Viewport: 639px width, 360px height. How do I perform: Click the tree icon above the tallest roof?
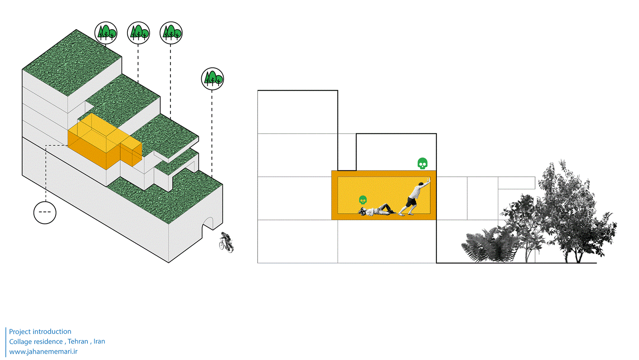pyautogui.click(x=106, y=32)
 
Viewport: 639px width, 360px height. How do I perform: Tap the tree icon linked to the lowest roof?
pyautogui.click(x=212, y=79)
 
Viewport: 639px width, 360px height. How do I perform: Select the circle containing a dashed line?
pyautogui.click(x=45, y=212)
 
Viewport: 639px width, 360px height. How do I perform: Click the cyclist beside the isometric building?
pyautogui.click(x=226, y=242)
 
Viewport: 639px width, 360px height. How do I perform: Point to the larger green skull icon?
pyautogui.click(x=422, y=163)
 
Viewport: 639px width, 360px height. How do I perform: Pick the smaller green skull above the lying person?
pyautogui.click(x=363, y=200)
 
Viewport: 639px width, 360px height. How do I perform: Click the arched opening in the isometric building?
pyautogui.click(x=212, y=225)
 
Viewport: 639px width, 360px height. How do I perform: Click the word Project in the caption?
pyautogui.click(x=20, y=332)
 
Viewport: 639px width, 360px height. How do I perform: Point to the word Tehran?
pyautogui.click(x=78, y=342)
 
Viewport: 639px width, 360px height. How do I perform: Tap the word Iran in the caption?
pyautogui.click(x=99, y=342)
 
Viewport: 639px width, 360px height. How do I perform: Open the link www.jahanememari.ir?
pyautogui.click(x=43, y=352)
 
